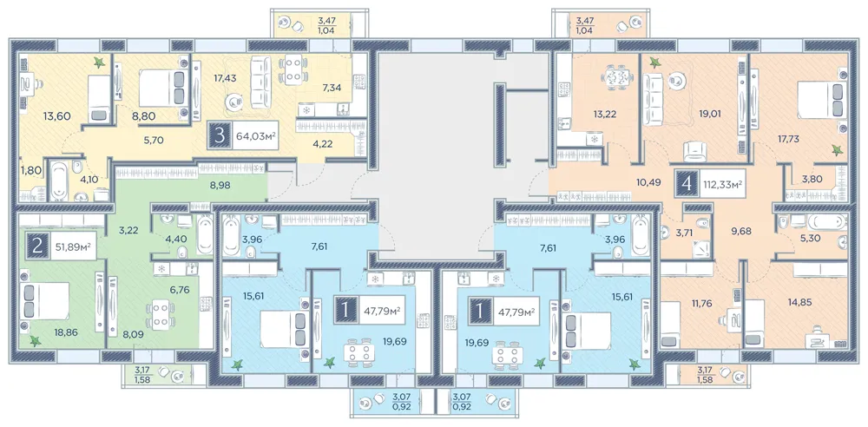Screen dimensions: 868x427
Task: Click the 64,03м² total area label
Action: click(255, 136)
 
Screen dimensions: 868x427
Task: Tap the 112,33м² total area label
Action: click(722, 184)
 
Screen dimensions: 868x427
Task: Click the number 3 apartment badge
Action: click(220, 136)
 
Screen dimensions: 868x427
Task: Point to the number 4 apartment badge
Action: click(687, 184)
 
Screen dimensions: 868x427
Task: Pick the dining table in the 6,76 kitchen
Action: click(161, 315)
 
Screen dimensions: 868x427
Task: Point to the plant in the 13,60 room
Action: click(100, 63)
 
